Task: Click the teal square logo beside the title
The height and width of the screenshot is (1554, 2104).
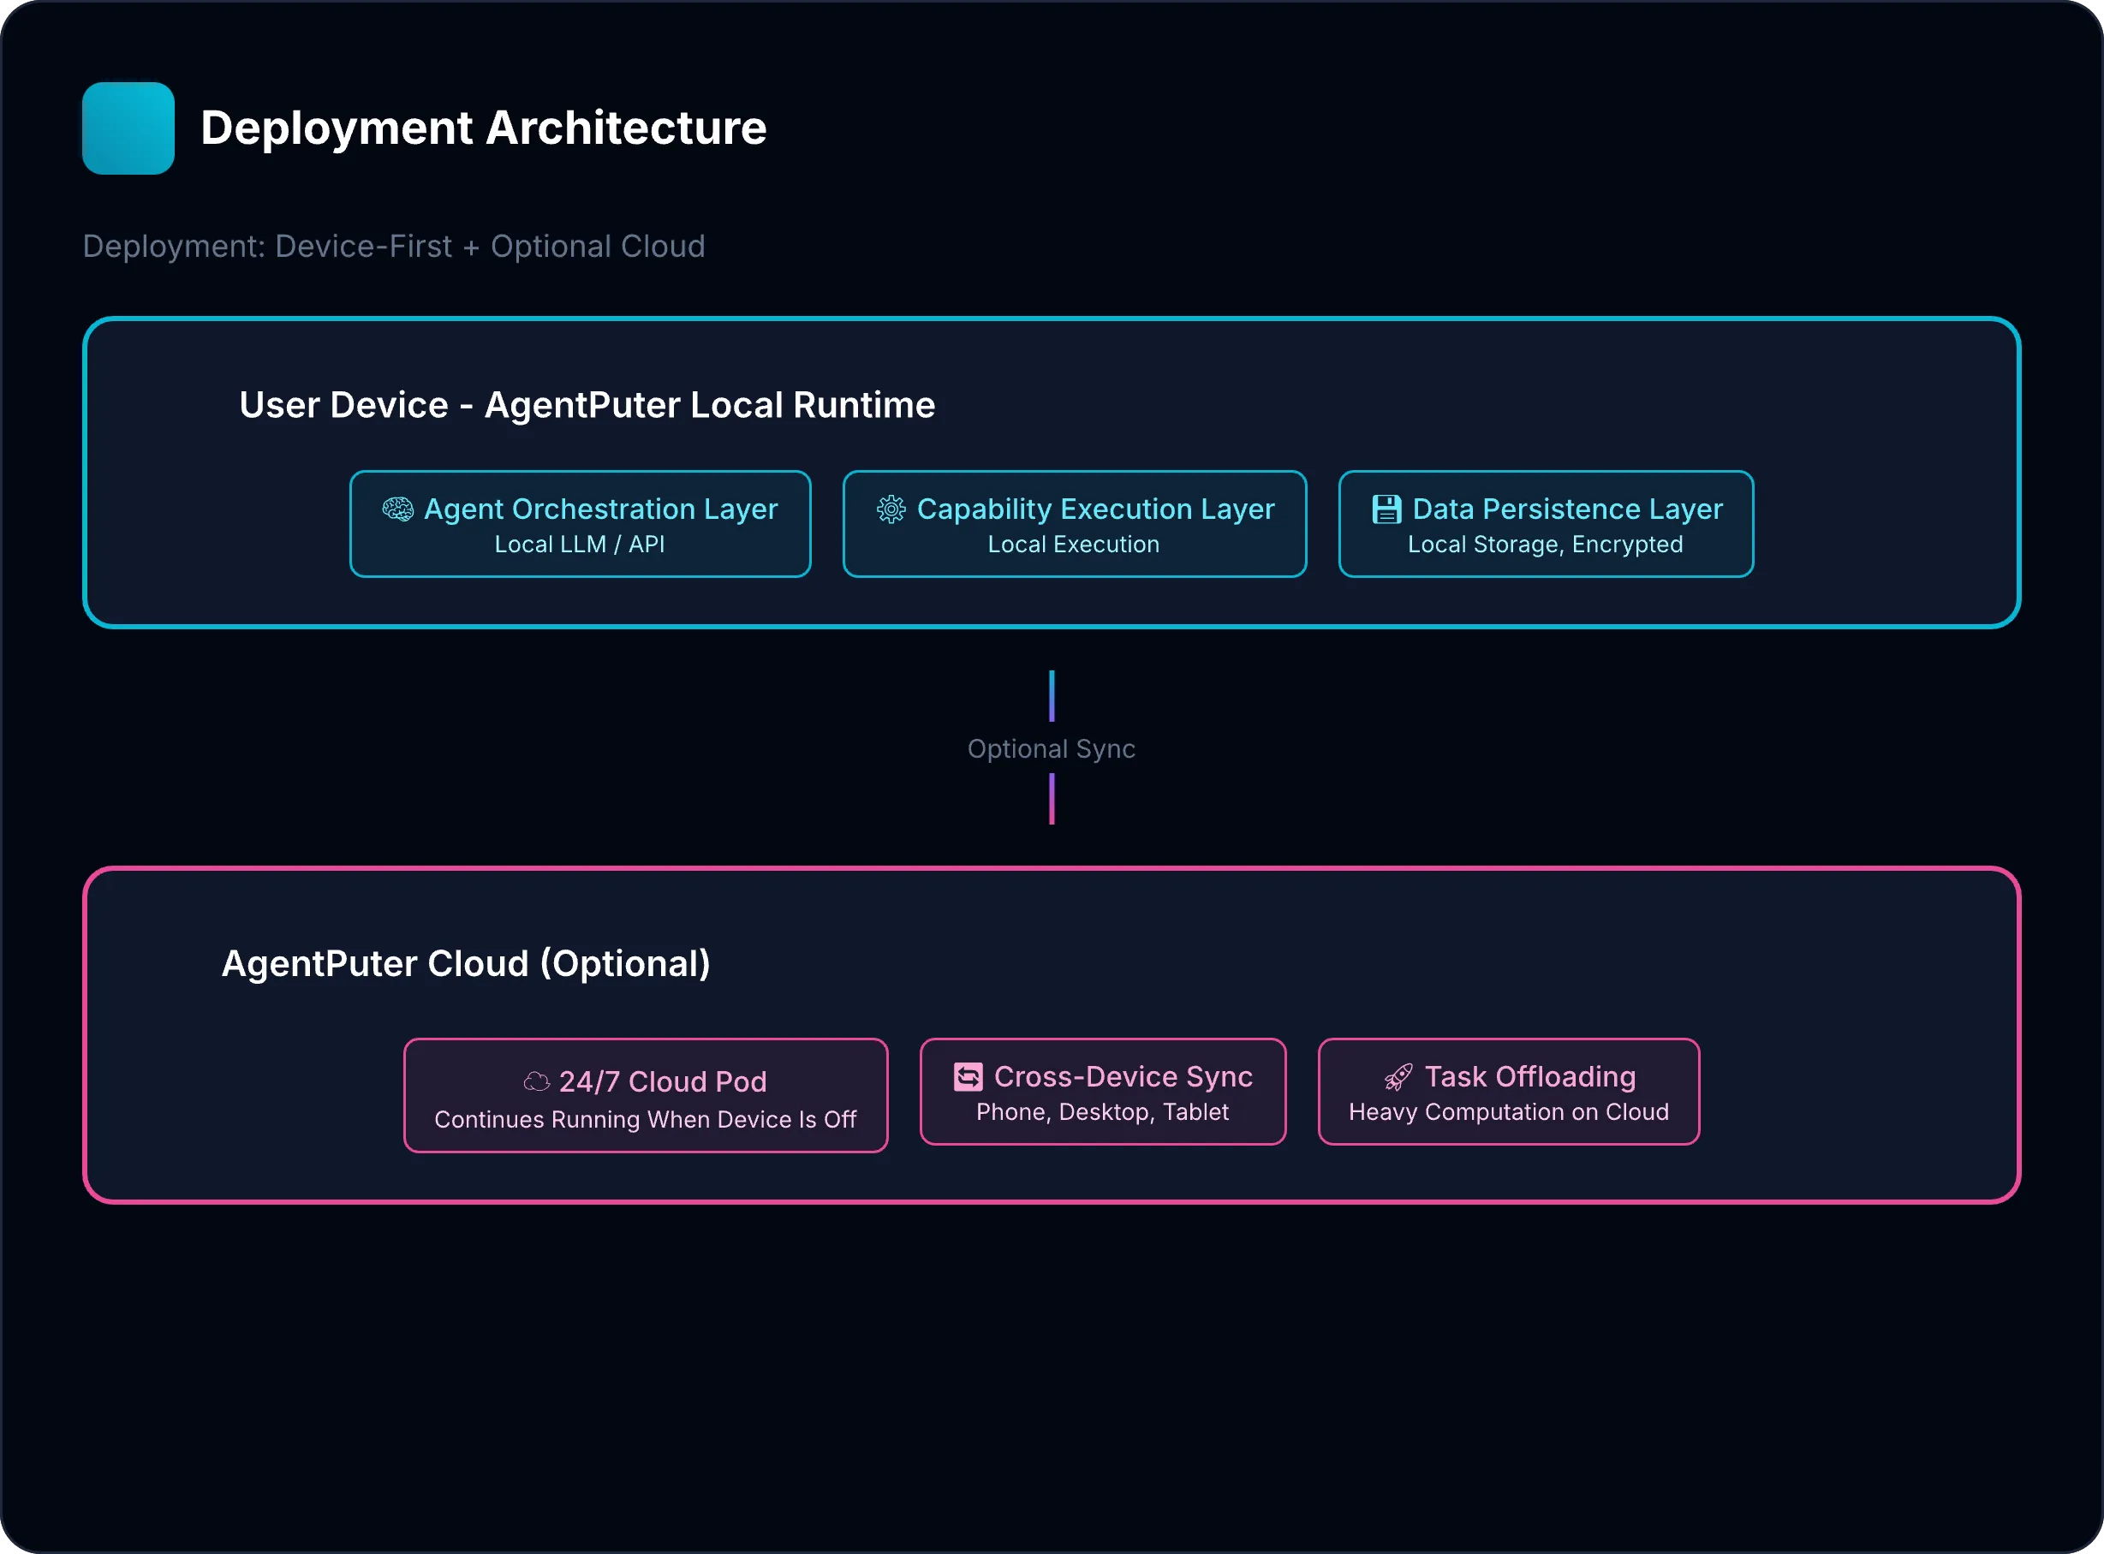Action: point(128,128)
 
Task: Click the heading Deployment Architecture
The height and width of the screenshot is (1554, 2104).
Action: point(484,128)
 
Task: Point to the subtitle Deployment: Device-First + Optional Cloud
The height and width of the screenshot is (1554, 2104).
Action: point(393,247)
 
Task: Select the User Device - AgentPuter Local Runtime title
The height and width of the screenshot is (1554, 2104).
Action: point(587,404)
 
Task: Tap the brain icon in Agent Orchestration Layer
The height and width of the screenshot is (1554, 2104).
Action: point(398,509)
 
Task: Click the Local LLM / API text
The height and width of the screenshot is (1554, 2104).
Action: point(580,545)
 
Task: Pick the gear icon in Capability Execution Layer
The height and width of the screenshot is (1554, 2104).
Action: point(891,509)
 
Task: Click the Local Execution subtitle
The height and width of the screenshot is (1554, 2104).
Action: point(1073,545)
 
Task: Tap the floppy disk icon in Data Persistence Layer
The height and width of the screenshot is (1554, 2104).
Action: point(1386,509)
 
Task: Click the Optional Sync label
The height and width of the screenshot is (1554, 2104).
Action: point(1052,749)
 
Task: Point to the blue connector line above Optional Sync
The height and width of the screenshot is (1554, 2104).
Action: point(1052,696)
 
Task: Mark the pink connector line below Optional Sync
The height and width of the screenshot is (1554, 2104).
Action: point(1052,799)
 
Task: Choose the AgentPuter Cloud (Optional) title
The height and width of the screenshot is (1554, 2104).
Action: point(466,963)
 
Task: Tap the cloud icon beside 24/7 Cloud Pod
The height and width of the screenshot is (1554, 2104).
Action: point(536,1081)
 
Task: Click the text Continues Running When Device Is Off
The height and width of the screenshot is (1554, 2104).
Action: point(645,1119)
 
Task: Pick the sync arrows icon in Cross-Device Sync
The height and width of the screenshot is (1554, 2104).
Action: point(968,1076)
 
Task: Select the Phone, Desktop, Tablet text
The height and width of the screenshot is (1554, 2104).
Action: point(1102,1112)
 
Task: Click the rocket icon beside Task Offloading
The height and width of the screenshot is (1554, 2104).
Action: point(1398,1077)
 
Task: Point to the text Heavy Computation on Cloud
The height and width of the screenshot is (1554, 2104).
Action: point(1509,1112)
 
